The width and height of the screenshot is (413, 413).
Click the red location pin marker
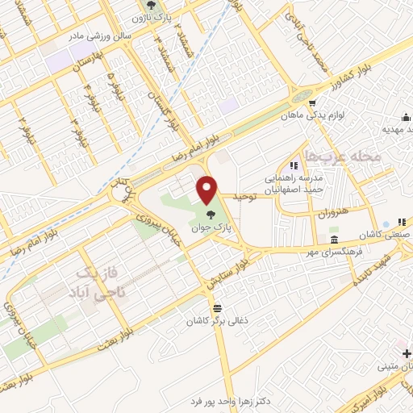click(209, 190)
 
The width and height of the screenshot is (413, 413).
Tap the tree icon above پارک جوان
click(211, 215)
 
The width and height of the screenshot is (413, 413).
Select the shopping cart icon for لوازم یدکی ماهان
click(312, 102)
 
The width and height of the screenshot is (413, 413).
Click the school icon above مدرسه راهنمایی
click(304, 165)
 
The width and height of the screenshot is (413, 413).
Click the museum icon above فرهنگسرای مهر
click(335, 240)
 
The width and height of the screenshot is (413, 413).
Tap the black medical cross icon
click(406, 353)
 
